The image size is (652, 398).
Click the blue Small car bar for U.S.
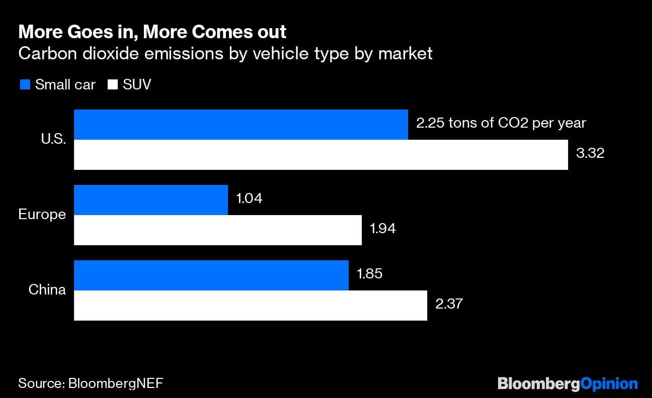pyautogui.click(x=240, y=125)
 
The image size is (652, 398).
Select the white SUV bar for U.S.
pyautogui.click(x=320, y=155)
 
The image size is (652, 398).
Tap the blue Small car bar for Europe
pyautogui.click(x=151, y=200)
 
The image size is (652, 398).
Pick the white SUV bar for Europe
pyautogui.click(x=217, y=230)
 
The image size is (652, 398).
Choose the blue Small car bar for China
pyautogui.click(x=211, y=275)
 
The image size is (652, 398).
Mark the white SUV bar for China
pyautogui.click(x=250, y=306)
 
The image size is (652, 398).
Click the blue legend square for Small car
pyautogui.click(x=25, y=84)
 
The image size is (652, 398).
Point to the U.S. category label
pyautogui.click(x=53, y=140)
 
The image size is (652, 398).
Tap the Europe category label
pyautogui.click(x=42, y=215)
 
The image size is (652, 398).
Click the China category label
pyautogui.click(x=47, y=290)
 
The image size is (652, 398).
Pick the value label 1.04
pyautogui.click(x=249, y=198)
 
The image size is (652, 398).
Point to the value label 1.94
pyautogui.click(x=383, y=228)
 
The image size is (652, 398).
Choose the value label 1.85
pyautogui.click(x=369, y=273)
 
